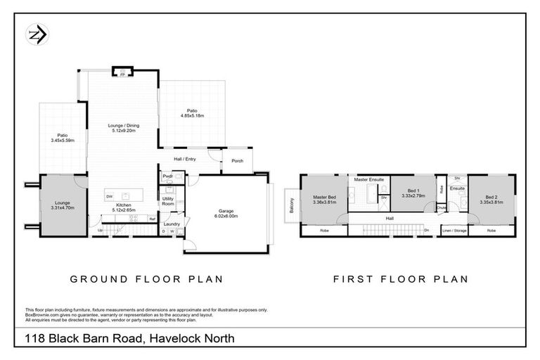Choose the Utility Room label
168,201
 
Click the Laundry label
172,224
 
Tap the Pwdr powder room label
167,176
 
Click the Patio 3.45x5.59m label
63,138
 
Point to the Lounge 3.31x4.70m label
63,205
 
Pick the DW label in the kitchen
110,196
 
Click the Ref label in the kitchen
151,219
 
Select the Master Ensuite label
368,180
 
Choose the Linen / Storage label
455,230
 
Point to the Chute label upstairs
441,207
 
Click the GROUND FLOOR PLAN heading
146,279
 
